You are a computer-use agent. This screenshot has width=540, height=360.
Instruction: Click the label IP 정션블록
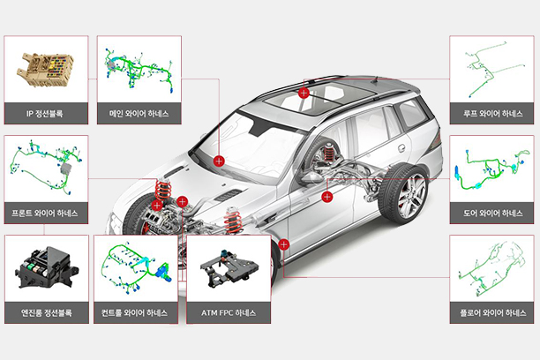coord(44,113)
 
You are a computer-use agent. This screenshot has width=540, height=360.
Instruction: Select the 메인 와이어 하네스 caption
coord(139,113)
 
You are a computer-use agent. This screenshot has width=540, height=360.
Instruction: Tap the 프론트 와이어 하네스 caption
coord(45,214)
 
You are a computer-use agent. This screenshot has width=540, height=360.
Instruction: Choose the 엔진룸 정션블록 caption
coord(47,313)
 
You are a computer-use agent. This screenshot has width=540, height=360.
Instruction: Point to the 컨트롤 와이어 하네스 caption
coord(135,313)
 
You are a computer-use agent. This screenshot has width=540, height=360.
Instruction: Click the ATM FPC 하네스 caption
coord(229,313)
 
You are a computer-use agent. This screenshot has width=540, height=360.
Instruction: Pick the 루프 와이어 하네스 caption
coord(493,113)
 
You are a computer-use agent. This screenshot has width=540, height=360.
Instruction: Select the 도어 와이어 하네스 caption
coord(493,214)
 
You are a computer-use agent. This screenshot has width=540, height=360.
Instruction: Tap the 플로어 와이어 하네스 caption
coord(493,313)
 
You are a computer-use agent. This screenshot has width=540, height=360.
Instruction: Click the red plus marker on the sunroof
coord(304,93)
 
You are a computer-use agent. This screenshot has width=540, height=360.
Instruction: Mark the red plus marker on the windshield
coord(219,161)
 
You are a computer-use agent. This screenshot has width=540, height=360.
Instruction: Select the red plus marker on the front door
coord(326,197)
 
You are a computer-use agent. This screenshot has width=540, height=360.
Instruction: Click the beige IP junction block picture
coord(45,69)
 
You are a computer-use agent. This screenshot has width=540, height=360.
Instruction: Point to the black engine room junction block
coord(47,267)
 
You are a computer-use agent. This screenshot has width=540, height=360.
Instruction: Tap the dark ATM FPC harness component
coord(229,268)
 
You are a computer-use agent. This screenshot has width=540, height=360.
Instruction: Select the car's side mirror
coord(311,177)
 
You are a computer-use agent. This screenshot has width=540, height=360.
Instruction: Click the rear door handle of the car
coord(401,148)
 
